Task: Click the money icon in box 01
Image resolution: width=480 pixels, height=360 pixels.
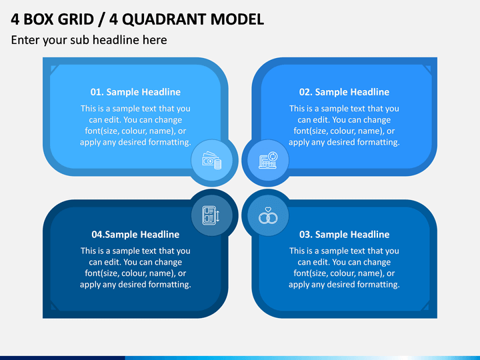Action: coord(211,161)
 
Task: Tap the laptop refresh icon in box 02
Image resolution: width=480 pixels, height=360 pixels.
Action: coord(268,160)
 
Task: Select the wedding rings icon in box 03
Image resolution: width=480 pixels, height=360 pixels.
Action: coord(268,215)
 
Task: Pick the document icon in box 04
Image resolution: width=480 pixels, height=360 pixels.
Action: coord(211,215)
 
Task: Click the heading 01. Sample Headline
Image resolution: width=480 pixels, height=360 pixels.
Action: coord(135,92)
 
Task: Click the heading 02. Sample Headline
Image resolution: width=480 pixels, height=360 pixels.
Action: coord(344,92)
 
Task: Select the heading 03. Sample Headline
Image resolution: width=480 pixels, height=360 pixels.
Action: coord(344,235)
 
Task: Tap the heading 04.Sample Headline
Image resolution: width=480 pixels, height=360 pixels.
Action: coord(135,235)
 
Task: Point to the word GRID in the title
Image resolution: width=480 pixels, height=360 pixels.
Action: coord(75,19)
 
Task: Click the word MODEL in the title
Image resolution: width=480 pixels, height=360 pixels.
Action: coord(237,19)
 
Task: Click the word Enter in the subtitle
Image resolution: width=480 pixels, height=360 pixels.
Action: coord(25,40)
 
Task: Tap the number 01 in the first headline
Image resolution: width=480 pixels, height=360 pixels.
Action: coord(95,92)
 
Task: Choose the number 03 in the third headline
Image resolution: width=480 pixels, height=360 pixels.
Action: coord(305,235)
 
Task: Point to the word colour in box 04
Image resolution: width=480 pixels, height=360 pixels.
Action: coord(133,273)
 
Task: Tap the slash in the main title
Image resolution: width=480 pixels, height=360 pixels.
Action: coord(101,19)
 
